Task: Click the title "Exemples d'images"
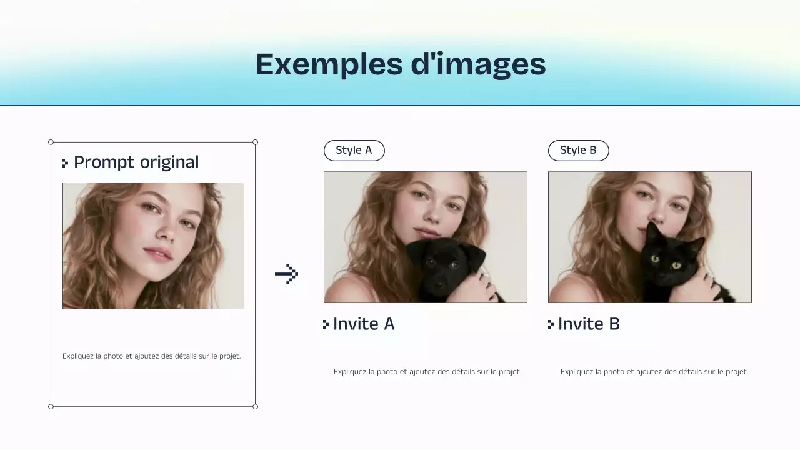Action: (400, 64)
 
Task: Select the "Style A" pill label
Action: (354, 151)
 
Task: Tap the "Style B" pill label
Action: (578, 151)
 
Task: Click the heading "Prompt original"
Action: (136, 162)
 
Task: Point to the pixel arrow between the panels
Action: (287, 274)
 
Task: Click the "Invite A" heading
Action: (364, 324)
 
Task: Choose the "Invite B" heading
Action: (589, 324)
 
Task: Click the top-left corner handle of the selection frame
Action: (51, 142)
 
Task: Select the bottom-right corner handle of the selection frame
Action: (255, 407)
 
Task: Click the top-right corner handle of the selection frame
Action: (255, 142)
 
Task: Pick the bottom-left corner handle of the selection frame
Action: (51, 407)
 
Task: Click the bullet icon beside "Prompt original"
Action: (65, 163)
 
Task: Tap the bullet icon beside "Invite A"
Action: (326, 324)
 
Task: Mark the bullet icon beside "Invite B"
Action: (551, 324)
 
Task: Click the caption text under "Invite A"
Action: (427, 372)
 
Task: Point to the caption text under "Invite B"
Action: (654, 372)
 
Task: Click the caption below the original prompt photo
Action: (152, 356)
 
